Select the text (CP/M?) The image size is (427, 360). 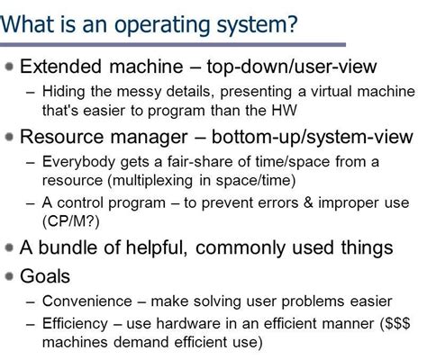point(70,219)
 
